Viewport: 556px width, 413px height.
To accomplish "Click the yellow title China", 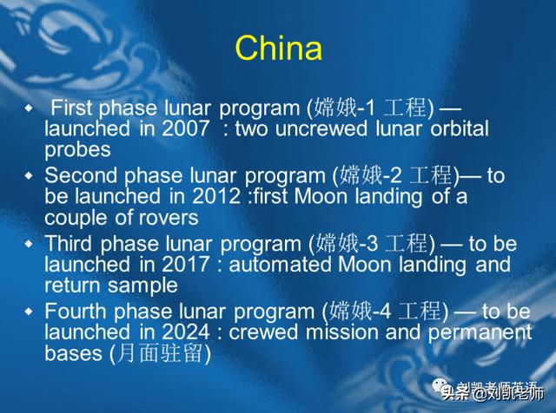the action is [279, 48].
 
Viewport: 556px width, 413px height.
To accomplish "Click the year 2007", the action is [185, 128].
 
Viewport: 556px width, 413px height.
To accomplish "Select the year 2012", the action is [216, 196].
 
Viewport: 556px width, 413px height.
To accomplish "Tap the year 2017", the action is [185, 265].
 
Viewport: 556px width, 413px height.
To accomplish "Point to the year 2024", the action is [186, 332].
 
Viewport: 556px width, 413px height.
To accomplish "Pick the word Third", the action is [69, 243].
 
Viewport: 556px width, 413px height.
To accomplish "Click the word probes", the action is [77, 150].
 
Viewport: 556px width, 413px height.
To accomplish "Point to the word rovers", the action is [169, 218].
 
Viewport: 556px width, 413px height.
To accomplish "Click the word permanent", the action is [480, 333].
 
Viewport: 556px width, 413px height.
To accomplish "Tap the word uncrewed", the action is [321, 128].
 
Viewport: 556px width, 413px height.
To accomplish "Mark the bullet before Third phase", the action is [29, 244].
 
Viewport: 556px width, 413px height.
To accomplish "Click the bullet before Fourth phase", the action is [29, 311].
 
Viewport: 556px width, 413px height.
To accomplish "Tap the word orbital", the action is [460, 128].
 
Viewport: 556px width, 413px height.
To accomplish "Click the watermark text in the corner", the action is [488, 390].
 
